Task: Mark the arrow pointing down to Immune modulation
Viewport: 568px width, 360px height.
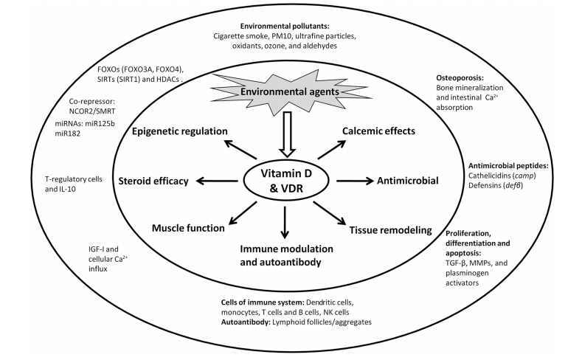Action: [x=284, y=218]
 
